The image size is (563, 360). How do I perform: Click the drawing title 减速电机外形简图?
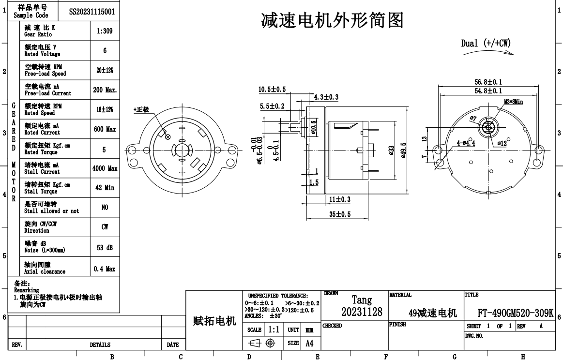[332, 20]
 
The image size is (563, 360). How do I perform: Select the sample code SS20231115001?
[92, 11]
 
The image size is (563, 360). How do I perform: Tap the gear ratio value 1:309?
[105, 31]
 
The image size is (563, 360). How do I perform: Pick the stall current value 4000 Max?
[105, 168]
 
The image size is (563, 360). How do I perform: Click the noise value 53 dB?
[105, 247]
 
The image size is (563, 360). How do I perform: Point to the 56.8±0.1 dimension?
[488, 82]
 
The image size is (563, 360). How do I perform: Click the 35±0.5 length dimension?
[340, 214]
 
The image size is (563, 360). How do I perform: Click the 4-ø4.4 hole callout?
[466, 143]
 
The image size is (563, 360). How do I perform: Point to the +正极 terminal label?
[141, 110]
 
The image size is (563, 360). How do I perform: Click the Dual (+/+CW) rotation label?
[486, 43]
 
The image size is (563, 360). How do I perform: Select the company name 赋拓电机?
[214, 321]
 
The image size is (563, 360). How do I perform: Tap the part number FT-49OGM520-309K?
[515, 313]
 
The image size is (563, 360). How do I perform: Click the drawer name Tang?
[362, 300]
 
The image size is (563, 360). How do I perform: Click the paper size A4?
[309, 343]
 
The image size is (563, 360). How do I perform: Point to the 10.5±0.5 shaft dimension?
[272, 90]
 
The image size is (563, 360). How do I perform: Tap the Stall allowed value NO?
[105, 208]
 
